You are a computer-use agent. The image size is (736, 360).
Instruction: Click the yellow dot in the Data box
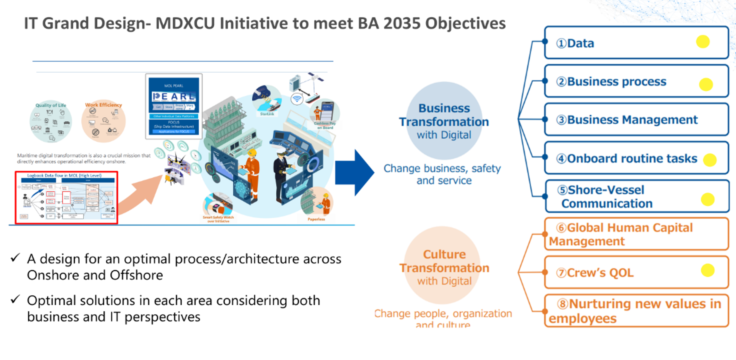pyautogui.click(x=702, y=42)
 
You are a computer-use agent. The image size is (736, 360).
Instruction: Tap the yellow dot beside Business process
pyautogui.click(x=706, y=85)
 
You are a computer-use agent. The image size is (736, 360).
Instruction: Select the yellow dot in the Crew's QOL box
pyautogui.click(x=707, y=270)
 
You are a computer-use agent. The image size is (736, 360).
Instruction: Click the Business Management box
pyautogui.click(x=636, y=120)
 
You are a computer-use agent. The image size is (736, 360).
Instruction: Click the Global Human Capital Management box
pyautogui.click(x=636, y=234)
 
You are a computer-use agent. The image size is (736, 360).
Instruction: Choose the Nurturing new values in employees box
pyautogui.click(x=636, y=311)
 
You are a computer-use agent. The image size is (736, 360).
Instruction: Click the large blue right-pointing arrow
pyautogui.click(x=355, y=172)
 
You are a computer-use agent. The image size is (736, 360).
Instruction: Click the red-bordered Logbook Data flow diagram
pyautogui.click(x=66, y=197)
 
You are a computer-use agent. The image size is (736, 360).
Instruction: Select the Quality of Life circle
pyautogui.click(x=51, y=121)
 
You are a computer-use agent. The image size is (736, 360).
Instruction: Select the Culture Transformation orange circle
pyautogui.click(x=444, y=266)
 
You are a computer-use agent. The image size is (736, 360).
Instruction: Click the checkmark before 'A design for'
pyautogui.click(x=15, y=258)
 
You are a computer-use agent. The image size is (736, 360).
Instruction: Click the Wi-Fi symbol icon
pyautogui.click(x=297, y=99)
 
